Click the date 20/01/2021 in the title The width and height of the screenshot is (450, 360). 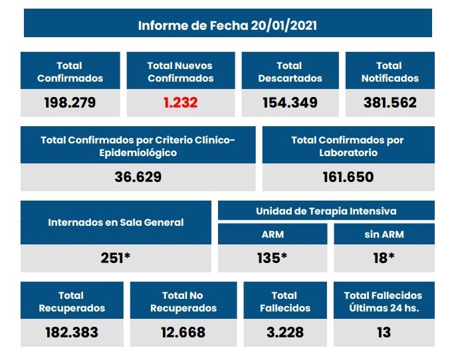click(284, 26)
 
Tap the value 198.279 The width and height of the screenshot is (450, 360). click(70, 103)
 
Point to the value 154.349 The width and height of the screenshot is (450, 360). click(289, 103)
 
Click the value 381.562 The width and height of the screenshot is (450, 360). click(390, 103)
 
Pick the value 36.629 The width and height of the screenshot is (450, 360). click(138, 177)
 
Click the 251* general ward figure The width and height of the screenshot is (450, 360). click(116, 258)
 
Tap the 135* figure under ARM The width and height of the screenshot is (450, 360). click(273, 258)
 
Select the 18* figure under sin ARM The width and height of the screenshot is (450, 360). click(384, 258)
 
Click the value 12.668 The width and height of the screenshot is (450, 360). click(183, 332)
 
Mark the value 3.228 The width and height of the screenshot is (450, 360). click(284, 332)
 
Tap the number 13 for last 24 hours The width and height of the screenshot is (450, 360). click(383, 332)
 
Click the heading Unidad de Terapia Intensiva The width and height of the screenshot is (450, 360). click(326, 211)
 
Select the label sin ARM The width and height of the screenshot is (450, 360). click(384, 234)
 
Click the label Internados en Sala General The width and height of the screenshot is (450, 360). click(116, 223)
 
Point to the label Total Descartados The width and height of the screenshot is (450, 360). click(289, 72)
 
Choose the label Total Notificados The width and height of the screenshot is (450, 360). click(390, 72)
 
